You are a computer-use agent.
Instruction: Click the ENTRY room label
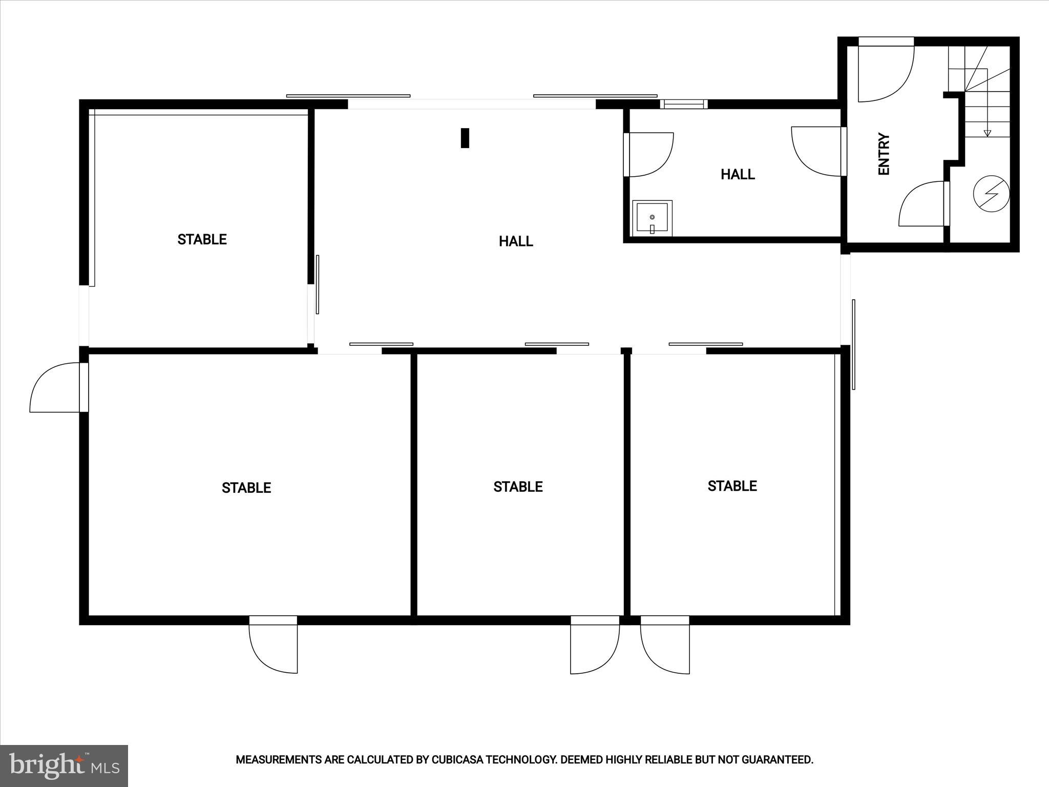point(884,154)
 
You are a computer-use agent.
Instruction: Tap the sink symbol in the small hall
point(652,218)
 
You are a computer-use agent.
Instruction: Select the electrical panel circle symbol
point(991,194)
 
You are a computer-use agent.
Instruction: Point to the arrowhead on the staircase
point(988,134)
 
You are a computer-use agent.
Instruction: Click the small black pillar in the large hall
point(465,138)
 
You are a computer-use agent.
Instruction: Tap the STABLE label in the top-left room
point(202,239)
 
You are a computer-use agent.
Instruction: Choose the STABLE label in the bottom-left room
point(246,488)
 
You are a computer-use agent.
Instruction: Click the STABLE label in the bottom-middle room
point(518,487)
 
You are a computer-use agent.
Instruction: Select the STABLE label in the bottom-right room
point(732,486)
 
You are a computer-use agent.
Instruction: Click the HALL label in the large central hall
point(516,241)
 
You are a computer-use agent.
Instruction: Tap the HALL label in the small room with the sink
point(738,175)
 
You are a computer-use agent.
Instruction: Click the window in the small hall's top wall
point(684,104)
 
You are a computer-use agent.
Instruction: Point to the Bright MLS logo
point(64,765)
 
